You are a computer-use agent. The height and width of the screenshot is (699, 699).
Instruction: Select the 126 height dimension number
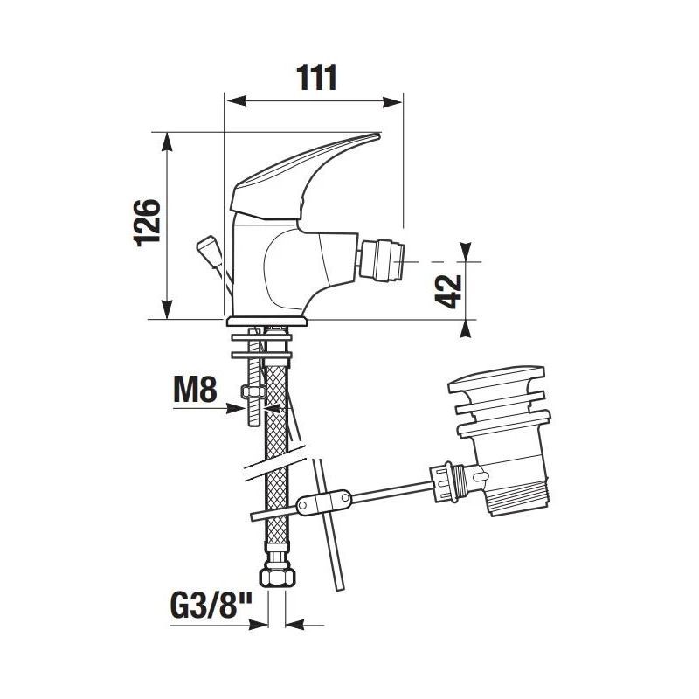[x=148, y=224]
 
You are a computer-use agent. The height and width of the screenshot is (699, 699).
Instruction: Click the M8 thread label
[x=194, y=390]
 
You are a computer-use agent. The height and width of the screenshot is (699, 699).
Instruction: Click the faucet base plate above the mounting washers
[x=269, y=321]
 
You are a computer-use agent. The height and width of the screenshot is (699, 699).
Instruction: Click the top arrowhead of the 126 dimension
[x=168, y=140]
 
